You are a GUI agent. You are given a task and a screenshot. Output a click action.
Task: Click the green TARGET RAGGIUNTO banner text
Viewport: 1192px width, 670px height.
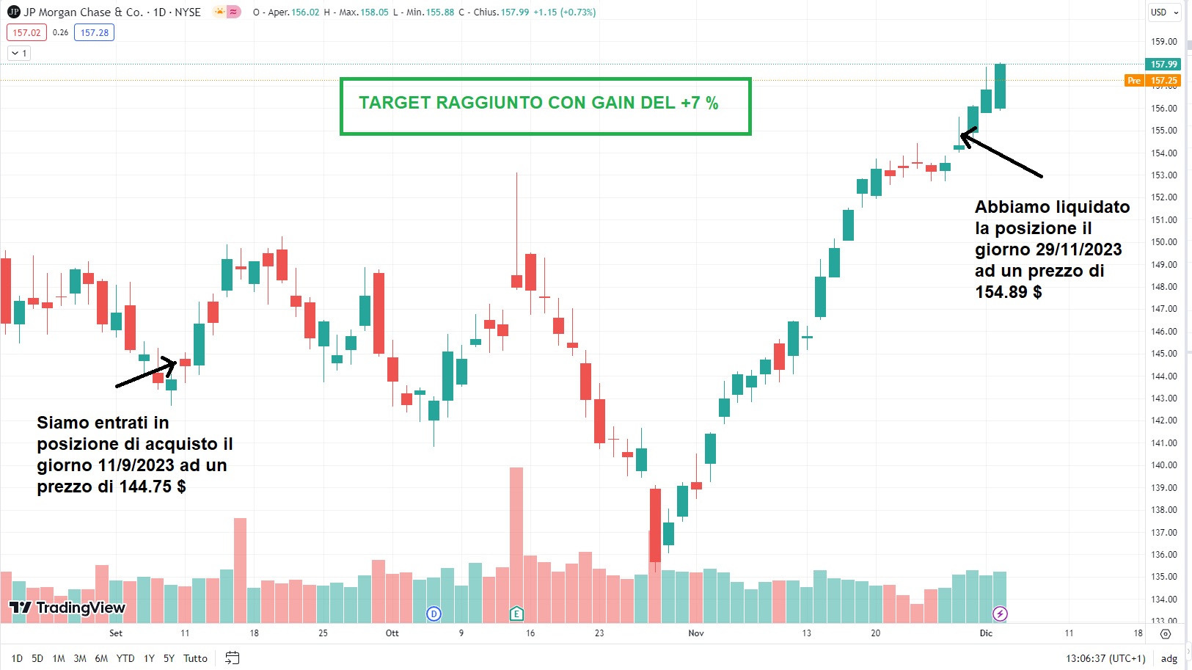pos(538,103)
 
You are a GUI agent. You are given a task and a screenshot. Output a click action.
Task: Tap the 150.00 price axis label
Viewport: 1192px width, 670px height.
pos(1163,242)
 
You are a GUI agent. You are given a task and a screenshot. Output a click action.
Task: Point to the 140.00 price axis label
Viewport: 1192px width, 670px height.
pos(1163,465)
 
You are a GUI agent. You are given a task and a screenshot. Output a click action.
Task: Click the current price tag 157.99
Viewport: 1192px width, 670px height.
pos(1163,65)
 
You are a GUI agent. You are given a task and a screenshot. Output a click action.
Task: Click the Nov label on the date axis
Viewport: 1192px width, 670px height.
pos(696,633)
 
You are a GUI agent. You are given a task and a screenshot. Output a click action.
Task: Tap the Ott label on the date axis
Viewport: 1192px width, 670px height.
pos(392,633)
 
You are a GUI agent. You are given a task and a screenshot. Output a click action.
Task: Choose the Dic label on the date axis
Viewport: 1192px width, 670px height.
pos(986,633)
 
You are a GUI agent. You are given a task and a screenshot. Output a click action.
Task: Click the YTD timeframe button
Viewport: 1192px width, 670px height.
pos(125,658)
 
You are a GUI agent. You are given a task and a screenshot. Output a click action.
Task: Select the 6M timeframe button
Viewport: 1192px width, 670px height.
pos(101,658)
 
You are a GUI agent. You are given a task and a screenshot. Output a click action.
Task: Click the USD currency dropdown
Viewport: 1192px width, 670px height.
pos(1164,12)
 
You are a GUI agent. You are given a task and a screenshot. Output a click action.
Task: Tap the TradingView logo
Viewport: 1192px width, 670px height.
pos(67,608)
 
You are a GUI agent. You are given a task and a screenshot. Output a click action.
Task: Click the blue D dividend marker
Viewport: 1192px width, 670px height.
pos(434,613)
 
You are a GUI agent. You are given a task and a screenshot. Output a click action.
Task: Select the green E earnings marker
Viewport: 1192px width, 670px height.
pos(516,613)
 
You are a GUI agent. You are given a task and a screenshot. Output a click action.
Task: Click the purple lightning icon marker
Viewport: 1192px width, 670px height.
pos(1000,613)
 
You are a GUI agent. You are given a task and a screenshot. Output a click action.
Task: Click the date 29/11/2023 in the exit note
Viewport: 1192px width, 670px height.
pos(1078,250)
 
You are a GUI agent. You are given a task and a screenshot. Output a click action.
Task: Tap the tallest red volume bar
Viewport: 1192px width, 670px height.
pos(516,543)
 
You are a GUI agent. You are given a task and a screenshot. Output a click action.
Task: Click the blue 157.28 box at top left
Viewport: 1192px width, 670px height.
pos(94,32)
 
